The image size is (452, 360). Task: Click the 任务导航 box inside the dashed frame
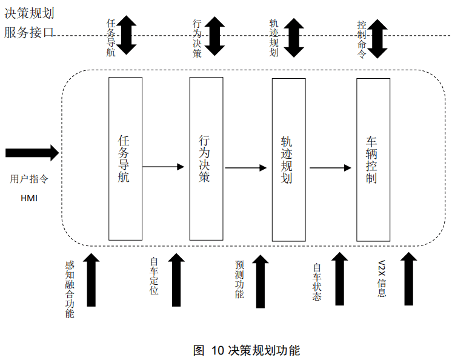click(x=125, y=159)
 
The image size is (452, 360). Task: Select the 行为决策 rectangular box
click(x=206, y=159)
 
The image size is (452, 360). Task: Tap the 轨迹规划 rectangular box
click(x=288, y=159)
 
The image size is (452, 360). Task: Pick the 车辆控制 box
click(x=373, y=159)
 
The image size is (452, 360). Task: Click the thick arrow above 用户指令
click(x=32, y=152)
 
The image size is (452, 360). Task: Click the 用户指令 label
click(x=29, y=179)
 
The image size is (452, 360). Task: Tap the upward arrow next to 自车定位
click(x=176, y=280)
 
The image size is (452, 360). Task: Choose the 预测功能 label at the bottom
click(x=239, y=279)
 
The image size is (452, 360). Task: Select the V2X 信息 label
click(x=382, y=279)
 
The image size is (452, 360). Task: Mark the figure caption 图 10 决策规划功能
click(x=246, y=350)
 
